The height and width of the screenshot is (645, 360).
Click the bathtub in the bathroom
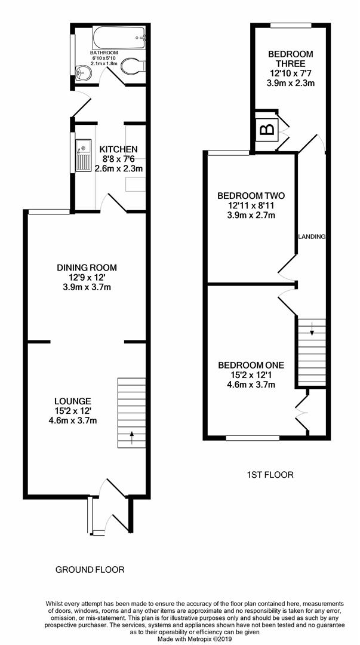click(118, 38)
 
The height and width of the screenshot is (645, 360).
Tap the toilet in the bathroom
click(132, 67)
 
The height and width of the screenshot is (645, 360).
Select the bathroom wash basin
click(82, 72)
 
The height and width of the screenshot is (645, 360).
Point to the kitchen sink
click(81, 157)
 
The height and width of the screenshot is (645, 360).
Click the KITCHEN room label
click(118, 149)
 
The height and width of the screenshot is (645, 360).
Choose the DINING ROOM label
click(87, 268)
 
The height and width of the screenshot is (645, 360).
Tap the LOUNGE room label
click(72, 401)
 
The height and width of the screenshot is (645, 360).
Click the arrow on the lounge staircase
click(131, 435)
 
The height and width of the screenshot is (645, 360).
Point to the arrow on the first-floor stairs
click(312, 327)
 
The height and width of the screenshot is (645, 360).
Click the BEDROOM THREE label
click(291, 59)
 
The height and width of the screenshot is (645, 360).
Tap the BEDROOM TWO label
click(251, 196)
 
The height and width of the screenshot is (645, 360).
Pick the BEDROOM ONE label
click(251, 365)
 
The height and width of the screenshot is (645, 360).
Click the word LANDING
click(312, 237)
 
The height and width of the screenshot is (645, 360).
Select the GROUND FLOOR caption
click(90, 570)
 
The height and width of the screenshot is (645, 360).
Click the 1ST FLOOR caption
click(270, 475)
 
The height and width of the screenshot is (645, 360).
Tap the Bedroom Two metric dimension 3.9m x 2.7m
click(251, 216)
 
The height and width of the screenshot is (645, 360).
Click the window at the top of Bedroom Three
click(291, 26)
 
